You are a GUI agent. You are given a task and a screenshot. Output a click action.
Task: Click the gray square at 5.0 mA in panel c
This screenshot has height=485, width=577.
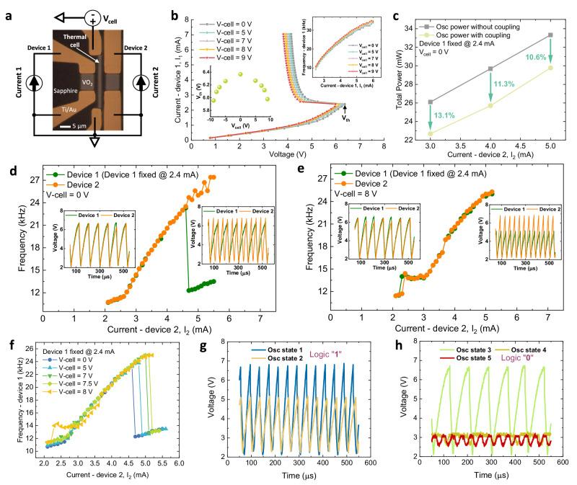click(x=550, y=35)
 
